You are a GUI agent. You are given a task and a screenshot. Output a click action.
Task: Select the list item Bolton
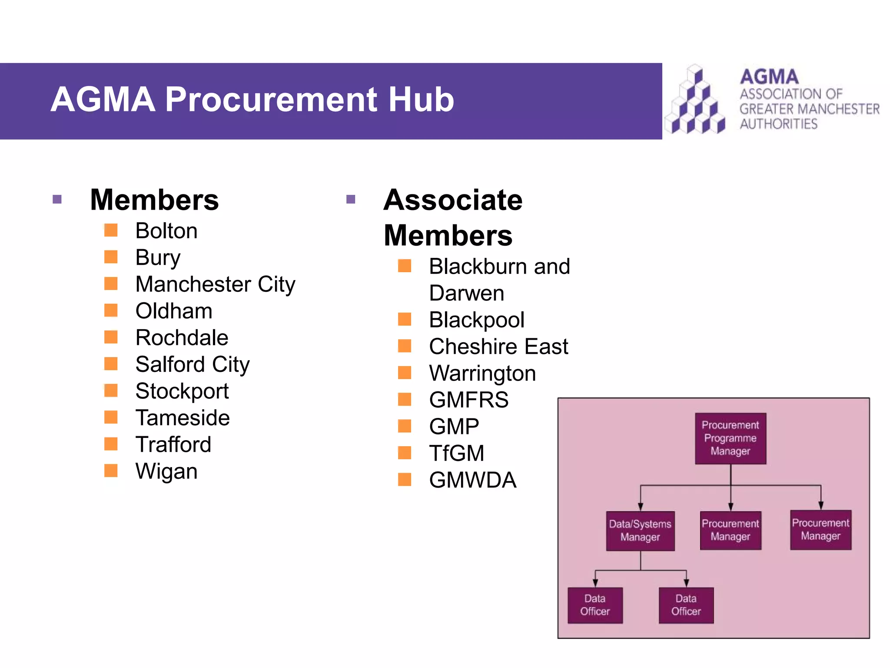[x=166, y=230]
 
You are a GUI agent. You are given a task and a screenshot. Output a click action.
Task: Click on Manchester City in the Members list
[x=215, y=284]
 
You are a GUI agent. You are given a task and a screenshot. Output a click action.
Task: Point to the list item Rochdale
[x=182, y=337]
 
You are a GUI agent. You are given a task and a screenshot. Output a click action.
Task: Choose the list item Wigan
[x=166, y=471]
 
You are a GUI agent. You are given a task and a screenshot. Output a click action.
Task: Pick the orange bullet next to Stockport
[x=111, y=390]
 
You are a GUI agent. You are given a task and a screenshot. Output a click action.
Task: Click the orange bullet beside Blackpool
[x=405, y=319]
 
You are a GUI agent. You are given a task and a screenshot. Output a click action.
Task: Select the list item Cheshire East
[x=498, y=347]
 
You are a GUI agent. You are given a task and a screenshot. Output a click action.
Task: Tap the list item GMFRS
[x=468, y=400]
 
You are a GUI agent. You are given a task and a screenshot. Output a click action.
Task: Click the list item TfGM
[x=456, y=453]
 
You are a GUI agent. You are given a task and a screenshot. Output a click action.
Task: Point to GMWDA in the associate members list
[x=472, y=480]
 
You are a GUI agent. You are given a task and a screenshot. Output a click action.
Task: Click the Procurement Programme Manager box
[x=730, y=438]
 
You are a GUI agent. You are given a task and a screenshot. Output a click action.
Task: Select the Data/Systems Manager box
[x=640, y=531]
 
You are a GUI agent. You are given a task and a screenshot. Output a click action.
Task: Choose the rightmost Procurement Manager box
[x=820, y=530]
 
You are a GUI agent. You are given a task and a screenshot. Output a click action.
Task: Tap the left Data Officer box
[x=595, y=605]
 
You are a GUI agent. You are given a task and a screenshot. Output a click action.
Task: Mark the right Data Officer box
[x=686, y=605]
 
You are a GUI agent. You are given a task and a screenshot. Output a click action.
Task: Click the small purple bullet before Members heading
[x=57, y=200]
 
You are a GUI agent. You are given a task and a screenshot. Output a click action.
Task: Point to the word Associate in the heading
[x=453, y=200]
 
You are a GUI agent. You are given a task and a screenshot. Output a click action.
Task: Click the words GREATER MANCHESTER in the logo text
[x=809, y=109]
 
